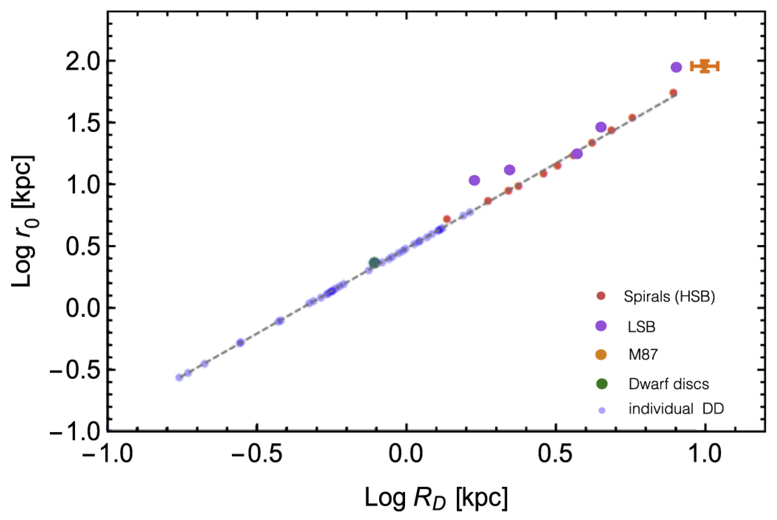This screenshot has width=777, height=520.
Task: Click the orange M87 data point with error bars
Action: [x=704, y=66]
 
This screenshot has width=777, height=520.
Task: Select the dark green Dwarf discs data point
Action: [x=374, y=263]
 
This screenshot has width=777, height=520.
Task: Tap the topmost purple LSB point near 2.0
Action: [x=676, y=67]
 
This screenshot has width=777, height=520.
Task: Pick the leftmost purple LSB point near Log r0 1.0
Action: [x=474, y=180]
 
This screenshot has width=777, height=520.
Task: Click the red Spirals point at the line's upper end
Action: [x=673, y=92]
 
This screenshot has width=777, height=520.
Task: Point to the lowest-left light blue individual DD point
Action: [x=179, y=377]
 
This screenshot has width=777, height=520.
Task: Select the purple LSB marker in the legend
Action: [x=601, y=326]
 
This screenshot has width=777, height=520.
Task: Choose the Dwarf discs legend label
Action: [x=668, y=384]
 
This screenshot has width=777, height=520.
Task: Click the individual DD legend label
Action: [x=676, y=409]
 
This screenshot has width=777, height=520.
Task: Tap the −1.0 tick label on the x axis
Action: [x=107, y=454]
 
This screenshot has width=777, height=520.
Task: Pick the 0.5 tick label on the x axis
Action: [x=555, y=454]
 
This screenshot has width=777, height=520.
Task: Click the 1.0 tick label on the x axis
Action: [x=705, y=454]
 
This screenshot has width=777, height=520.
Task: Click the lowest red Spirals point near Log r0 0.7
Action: [x=447, y=219]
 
